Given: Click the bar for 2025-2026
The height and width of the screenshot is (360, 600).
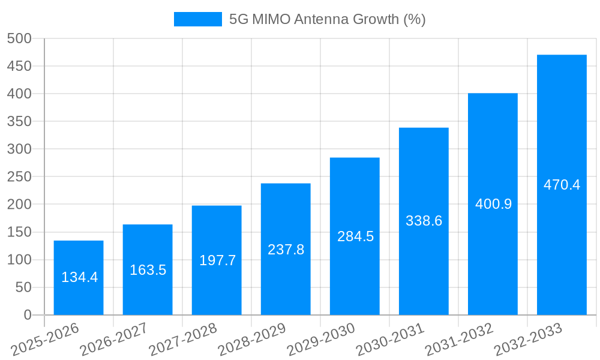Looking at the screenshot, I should click(79, 277).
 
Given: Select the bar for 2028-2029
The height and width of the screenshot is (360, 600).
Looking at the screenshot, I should click(286, 249).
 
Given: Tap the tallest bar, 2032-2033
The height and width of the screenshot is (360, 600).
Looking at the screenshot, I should click(562, 185).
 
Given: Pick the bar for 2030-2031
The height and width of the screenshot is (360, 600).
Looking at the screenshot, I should click(424, 221).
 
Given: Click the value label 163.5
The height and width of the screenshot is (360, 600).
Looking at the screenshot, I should click(148, 270).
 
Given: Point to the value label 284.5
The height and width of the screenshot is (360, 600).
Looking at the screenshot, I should click(355, 236).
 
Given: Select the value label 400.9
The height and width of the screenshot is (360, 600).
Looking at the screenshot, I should click(493, 204).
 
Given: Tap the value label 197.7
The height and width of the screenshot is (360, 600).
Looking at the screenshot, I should click(217, 260).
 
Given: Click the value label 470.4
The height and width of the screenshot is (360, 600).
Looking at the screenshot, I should click(562, 185).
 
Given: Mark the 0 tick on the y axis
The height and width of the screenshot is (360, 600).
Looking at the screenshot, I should click(27, 315).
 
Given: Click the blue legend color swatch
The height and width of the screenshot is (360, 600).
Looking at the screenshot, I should click(197, 19).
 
